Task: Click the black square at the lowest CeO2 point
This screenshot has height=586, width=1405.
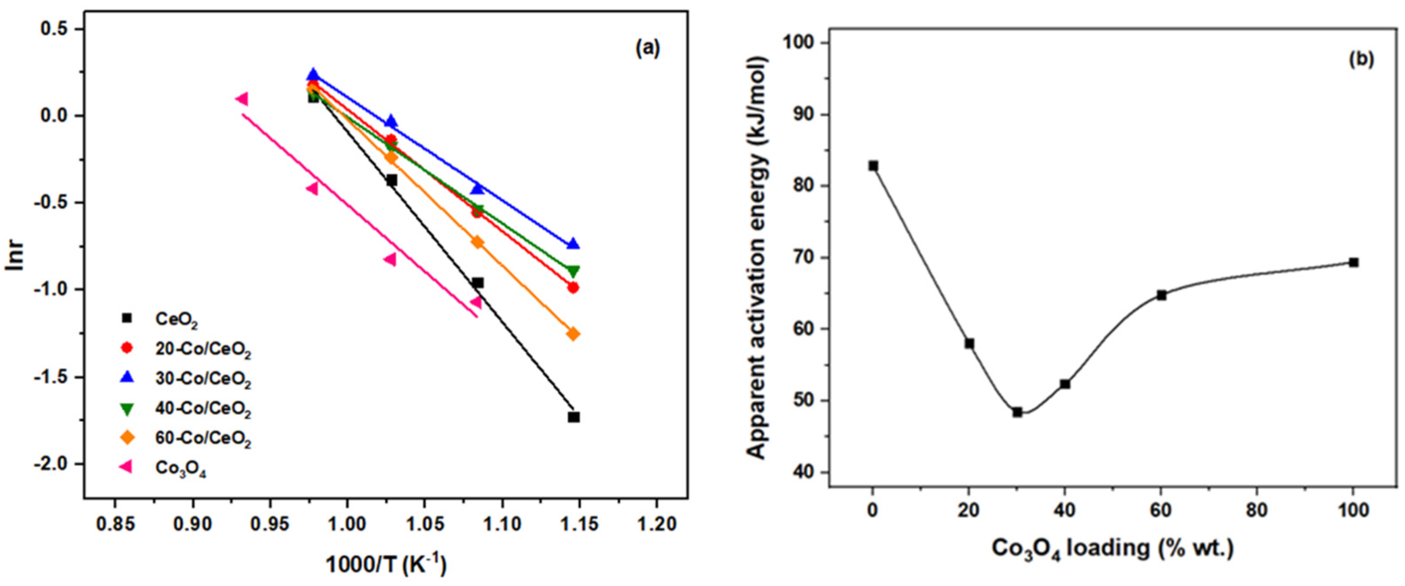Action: point(573,417)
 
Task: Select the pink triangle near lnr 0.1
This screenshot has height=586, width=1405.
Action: point(242,99)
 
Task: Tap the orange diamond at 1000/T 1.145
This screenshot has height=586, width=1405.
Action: point(573,334)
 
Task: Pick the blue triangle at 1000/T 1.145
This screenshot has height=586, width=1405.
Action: point(573,244)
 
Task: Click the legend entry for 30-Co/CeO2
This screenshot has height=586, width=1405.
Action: point(203,379)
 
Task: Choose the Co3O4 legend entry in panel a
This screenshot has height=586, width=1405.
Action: point(180,468)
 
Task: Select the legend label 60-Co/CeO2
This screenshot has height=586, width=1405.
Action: point(203,439)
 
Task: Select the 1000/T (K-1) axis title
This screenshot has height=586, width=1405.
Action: point(386,565)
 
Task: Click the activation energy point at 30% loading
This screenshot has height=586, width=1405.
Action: point(1017,412)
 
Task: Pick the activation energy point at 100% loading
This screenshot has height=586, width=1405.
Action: point(1353,263)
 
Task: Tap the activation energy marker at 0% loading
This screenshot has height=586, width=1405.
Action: point(873,166)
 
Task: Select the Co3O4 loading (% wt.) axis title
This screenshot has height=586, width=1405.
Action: point(1112,548)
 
